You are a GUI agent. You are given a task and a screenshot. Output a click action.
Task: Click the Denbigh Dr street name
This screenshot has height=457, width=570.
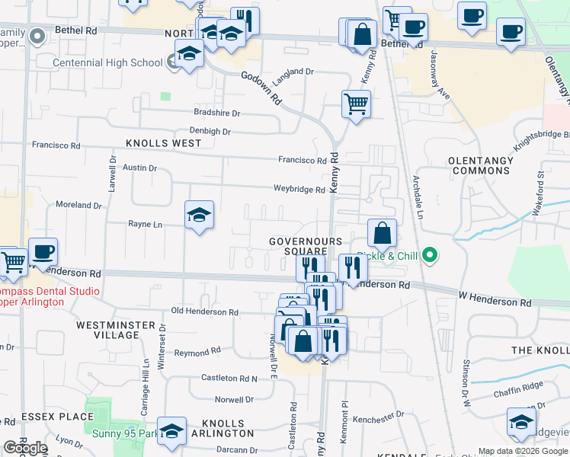210,131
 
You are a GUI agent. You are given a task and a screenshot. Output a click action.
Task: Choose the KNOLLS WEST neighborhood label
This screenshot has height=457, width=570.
163,143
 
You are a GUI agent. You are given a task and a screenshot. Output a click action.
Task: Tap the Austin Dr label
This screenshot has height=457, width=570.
139,168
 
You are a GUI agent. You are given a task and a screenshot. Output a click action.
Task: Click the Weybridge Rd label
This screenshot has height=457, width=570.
299,189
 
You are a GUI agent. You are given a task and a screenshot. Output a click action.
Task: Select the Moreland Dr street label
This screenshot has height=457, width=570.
78,205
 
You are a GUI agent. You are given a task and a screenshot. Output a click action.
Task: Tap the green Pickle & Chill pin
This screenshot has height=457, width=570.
430,255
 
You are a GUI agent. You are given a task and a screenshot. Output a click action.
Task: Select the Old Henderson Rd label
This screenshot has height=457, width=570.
205,312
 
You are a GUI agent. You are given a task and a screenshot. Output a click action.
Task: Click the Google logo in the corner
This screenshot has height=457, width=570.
25,448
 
